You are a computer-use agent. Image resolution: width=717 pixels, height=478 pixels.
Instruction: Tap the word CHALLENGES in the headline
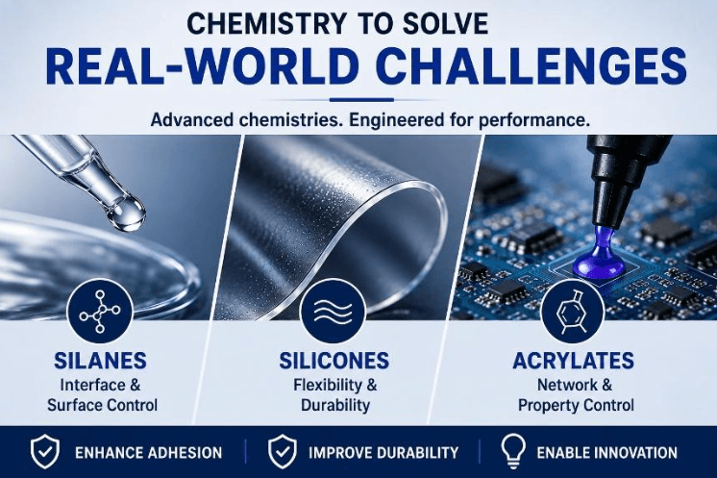(x=533, y=66)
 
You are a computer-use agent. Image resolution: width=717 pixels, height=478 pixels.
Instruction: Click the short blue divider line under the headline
(x=361, y=99)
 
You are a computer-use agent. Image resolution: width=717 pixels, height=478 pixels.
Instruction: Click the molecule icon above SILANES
(x=100, y=312)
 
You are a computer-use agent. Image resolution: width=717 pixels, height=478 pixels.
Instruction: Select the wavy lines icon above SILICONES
(x=333, y=312)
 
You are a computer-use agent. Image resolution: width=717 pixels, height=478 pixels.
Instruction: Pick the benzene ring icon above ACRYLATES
(x=572, y=312)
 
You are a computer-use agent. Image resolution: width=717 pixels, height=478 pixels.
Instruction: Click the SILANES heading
(x=100, y=361)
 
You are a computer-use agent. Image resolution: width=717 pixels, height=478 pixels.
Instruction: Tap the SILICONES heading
(x=334, y=361)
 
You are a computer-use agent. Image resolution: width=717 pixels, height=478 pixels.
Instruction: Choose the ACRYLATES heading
(x=574, y=361)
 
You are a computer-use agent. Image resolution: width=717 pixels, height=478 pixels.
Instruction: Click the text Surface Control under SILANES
(x=103, y=405)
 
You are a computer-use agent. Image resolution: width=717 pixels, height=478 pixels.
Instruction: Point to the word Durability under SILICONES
(x=335, y=405)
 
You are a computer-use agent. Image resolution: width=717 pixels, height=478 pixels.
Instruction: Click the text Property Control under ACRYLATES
(x=576, y=405)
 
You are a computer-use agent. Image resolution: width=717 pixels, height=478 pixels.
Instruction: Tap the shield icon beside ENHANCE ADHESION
(x=45, y=452)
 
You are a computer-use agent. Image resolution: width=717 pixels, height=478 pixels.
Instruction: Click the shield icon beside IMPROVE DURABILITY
(x=283, y=452)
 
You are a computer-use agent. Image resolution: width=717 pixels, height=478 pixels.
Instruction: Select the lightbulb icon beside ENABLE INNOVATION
(x=513, y=451)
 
